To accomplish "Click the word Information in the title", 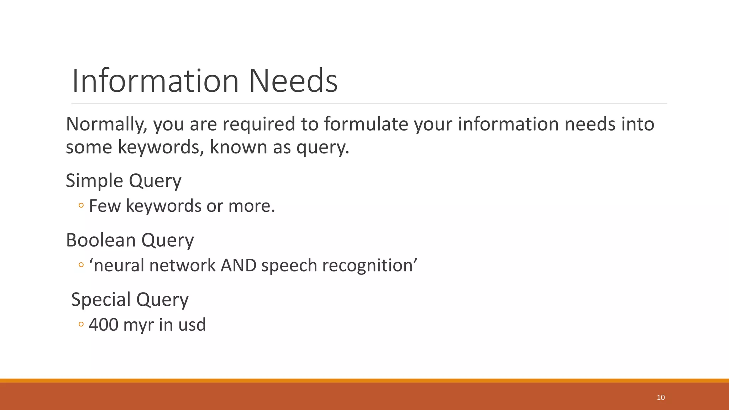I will click(155, 81).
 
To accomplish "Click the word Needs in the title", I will click(293, 81).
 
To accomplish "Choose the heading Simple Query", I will click(124, 181).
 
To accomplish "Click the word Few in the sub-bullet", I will click(105, 206).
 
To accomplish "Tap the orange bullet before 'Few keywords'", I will click(81, 205).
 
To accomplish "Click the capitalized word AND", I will click(238, 266).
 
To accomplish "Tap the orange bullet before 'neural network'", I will click(81, 265).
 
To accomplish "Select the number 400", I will click(104, 325).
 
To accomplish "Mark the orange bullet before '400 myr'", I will click(81, 324).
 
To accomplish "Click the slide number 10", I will click(661, 398).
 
